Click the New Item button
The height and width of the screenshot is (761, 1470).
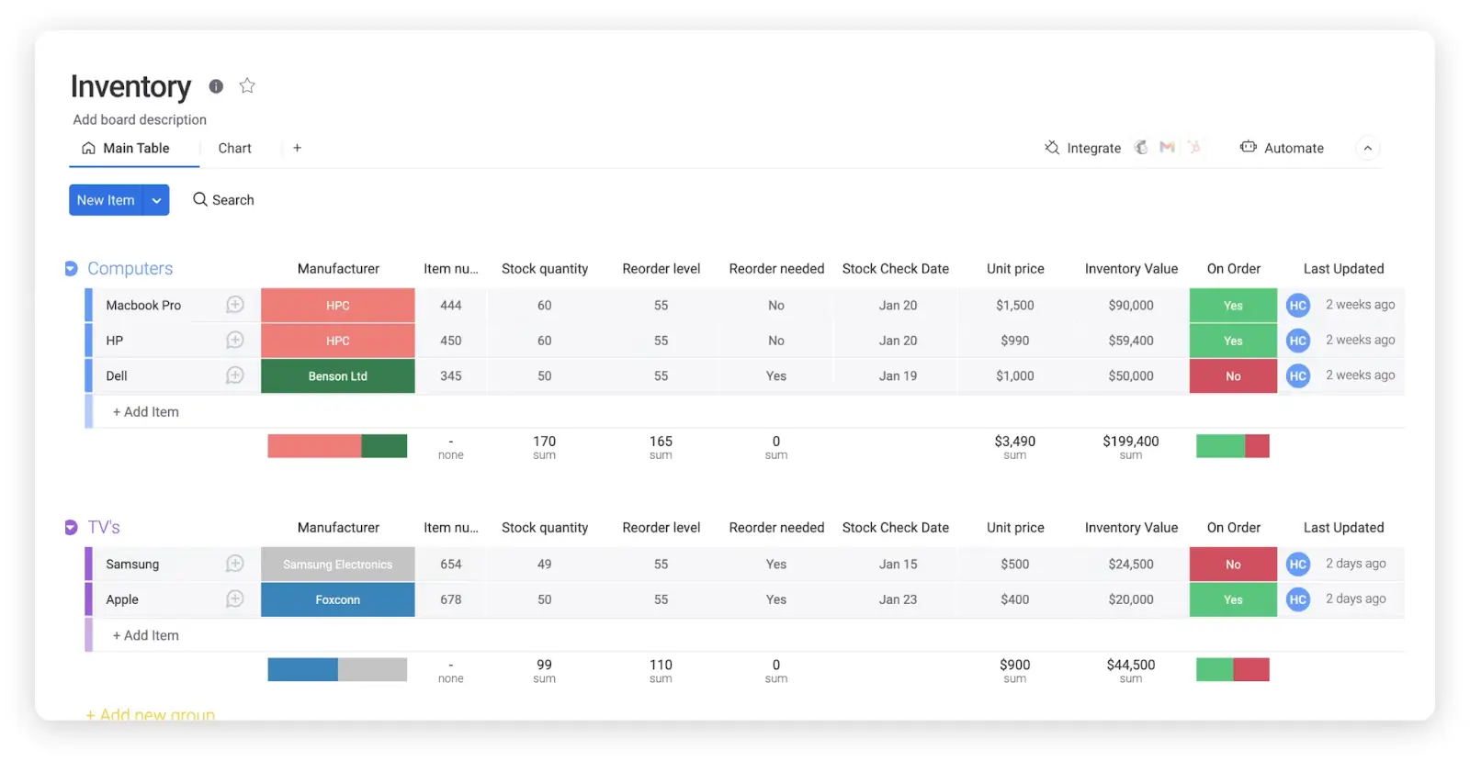[106, 200]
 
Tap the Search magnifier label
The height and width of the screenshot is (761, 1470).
[223, 200]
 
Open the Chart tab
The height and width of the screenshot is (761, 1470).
[234, 148]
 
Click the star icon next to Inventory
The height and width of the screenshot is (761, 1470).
[247, 85]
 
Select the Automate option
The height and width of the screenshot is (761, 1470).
[1283, 148]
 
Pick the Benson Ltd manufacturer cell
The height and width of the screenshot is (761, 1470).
[337, 376]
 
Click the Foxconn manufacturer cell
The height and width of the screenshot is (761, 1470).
[337, 599]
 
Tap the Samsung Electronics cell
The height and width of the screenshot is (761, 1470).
[337, 565]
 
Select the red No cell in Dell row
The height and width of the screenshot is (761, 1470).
[1232, 376]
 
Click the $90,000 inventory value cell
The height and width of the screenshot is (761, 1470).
[1130, 306]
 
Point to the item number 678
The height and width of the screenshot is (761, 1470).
[450, 599]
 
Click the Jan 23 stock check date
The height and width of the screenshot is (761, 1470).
[897, 599]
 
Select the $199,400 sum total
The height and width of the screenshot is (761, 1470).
[1130, 442]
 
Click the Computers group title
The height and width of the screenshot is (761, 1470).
[130, 269]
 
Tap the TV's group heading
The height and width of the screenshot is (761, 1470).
[104, 528]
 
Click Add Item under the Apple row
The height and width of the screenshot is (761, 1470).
[146, 635]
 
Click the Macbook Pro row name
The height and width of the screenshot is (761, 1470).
[143, 306]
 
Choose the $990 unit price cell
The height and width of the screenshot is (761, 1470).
[1014, 341]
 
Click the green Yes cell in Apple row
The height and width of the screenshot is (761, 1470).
[1232, 599]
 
